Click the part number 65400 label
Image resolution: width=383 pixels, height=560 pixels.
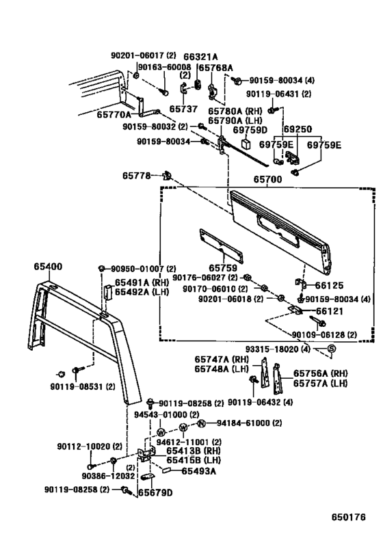coord(48,267)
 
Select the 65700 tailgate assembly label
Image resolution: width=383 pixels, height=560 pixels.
coord(267,179)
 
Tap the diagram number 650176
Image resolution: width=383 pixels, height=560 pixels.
coord(348,517)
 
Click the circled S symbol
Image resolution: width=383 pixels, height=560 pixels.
coord(331,349)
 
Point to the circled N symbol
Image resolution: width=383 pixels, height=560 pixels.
coord(202,423)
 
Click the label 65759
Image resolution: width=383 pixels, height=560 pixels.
coord(222,268)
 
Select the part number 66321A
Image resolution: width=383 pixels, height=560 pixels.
coord(200,57)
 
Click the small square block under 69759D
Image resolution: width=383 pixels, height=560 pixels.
coord(246,142)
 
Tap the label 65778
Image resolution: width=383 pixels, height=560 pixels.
coord(137,175)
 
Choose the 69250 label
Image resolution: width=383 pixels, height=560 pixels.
coord(298,129)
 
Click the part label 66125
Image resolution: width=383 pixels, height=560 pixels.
coord(329,285)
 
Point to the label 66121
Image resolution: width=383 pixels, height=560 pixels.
coord(329,311)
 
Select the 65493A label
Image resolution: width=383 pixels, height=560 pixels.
coord(198,471)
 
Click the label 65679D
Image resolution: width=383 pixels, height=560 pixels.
coord(155,493)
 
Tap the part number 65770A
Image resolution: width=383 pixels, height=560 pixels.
coord(114,115)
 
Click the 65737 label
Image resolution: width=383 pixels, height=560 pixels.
coord(183,109)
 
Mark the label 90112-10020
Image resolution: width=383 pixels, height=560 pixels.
coord(85,446)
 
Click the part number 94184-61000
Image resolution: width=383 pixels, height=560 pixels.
coord(244,423)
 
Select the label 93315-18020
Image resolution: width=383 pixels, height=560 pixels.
coord(273,349)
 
